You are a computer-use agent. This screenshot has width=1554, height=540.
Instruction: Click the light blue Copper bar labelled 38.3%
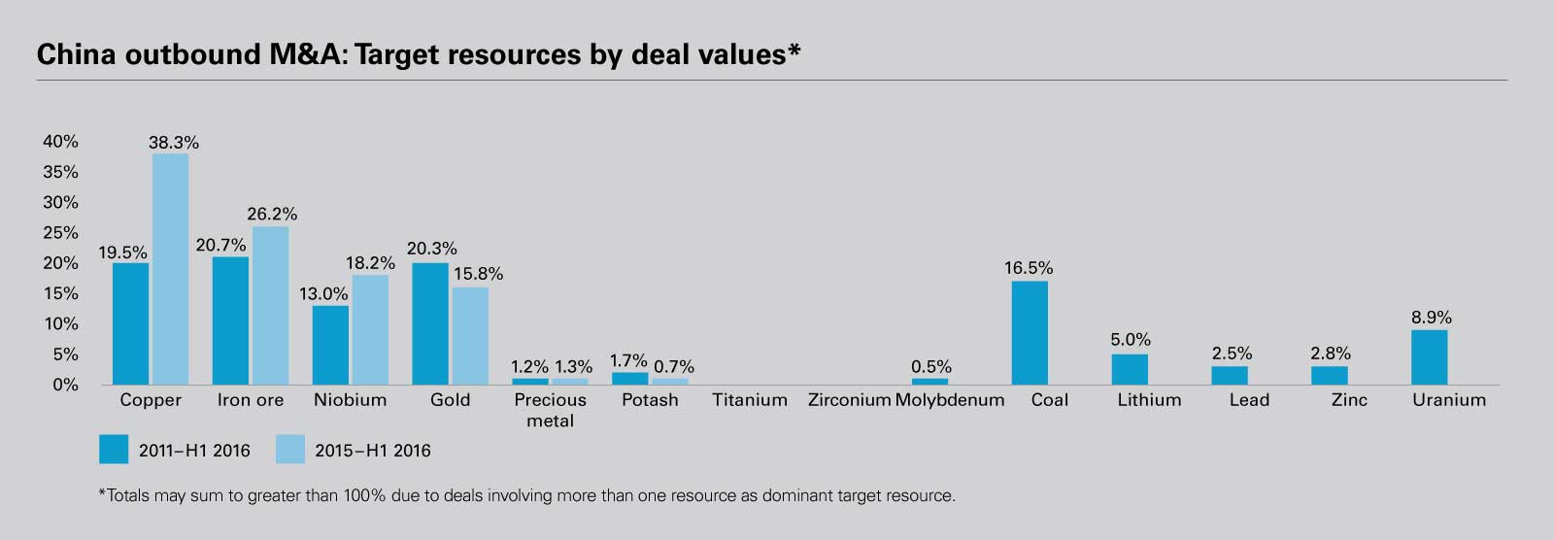[x=170, y=269]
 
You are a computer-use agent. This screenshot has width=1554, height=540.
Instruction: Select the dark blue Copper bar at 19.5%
[x=130, y=323]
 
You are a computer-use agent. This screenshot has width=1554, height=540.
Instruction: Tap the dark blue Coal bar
[x=1030, y=333]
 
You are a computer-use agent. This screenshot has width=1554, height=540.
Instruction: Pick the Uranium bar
[x=1429, y=357]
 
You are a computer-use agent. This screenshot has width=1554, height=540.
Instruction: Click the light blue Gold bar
[x=470, y=336]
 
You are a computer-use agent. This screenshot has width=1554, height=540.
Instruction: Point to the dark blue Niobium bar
[x=330, y=345]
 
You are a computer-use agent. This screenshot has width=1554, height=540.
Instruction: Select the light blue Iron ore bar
[x=270, y=305]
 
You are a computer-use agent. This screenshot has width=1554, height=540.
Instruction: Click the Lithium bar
[x=1130, y=369]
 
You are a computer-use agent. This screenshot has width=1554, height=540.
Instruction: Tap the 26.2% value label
[x=272, y=214]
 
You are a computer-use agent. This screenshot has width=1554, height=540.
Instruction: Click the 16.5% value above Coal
[x=1029, y=268]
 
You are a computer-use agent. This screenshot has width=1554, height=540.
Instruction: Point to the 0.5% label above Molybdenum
[x=930, y=367]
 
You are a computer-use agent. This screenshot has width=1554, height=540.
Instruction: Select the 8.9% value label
[x=1431, y=318]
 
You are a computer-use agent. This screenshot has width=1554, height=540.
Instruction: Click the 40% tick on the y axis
[x=60, y=142]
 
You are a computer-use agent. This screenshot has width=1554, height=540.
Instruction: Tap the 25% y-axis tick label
[x=60, y=233]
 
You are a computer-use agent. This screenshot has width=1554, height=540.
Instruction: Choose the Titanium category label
[x=749, y=400]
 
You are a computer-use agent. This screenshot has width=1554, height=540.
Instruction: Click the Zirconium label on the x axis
[x=849, y=400]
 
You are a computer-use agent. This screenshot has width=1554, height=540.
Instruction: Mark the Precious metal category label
[x=550, y=410]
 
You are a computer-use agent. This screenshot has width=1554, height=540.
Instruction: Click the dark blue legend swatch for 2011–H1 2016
[x=114, y=450]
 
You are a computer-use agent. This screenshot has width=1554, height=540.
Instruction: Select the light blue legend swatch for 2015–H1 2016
[x=290, y=450]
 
